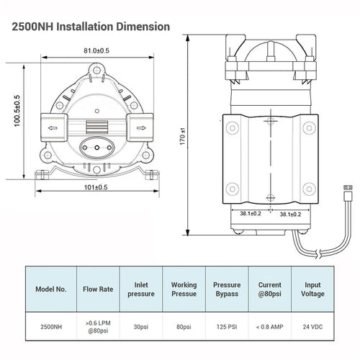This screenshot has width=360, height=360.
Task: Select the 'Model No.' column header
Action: [x=51, y=289]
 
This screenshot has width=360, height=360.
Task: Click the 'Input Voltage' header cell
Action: [x=312, y=289]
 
